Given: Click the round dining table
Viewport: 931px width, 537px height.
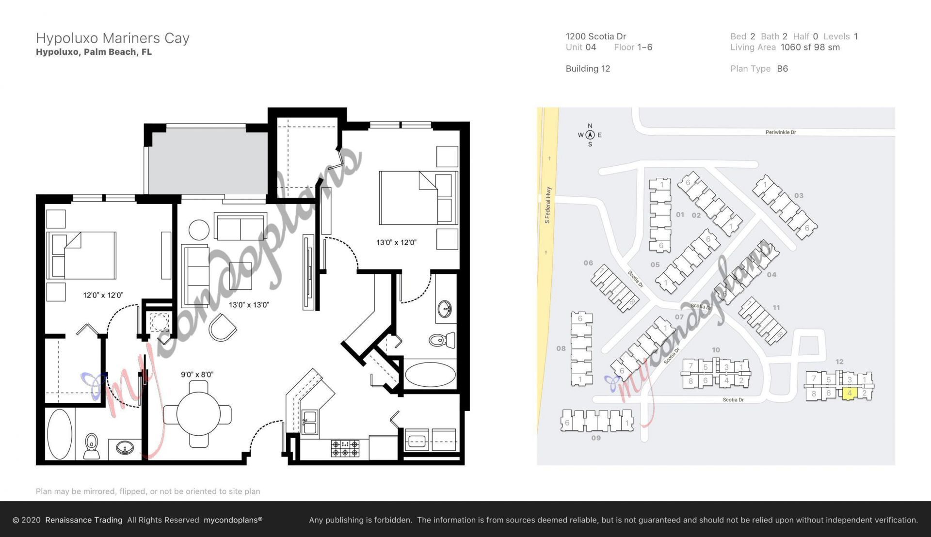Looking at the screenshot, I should pyautogui.click(x=198, y=413).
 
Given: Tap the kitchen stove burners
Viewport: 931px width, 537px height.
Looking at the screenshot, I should pyautogui.click(x=345, y=448).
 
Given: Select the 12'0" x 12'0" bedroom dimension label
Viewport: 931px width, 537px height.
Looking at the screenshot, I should pyautogui.click(x=103, y=295).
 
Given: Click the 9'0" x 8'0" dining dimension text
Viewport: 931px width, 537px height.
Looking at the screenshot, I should pyautogui.click(x=197, y=375).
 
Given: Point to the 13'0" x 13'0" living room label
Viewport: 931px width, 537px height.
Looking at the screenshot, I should pyautogui.click(x=248, y=305).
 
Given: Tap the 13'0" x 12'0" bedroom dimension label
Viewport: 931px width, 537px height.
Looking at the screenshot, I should pyautogui.click(x=396, y=242).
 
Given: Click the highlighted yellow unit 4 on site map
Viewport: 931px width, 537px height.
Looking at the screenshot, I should pyautogui.click(x=849, y=393).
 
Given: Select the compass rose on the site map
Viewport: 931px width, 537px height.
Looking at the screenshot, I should pyautogui.click(x=590, y=135).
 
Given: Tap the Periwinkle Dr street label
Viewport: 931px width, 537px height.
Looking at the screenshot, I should pyautogui.click(x=780, y=132).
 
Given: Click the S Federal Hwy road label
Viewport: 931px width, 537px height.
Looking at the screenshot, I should pyautogui.click(x=548, y=205).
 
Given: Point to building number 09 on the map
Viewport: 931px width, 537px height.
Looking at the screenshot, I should pyautogui.click(x=596, y=438).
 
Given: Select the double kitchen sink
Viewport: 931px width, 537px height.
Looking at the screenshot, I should pyautogui.click(x=309, y=422).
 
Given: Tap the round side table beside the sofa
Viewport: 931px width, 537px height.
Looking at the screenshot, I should pyautogui.click(x=199, y=230).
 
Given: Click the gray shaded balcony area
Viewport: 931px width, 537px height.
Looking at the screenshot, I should pyautogui.click(x=208, y=160).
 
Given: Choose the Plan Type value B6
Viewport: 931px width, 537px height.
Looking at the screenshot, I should pyautogui.click(x=782, y=69).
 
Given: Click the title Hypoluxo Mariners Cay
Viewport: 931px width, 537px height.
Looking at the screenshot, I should pyautogui.click(x=112, y=38).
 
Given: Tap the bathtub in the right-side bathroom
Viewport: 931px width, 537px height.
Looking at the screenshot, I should pyautogui.click(x=430, y=375).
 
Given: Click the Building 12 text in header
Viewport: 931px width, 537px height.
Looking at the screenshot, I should pyautogui.click(x=588, y=69).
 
